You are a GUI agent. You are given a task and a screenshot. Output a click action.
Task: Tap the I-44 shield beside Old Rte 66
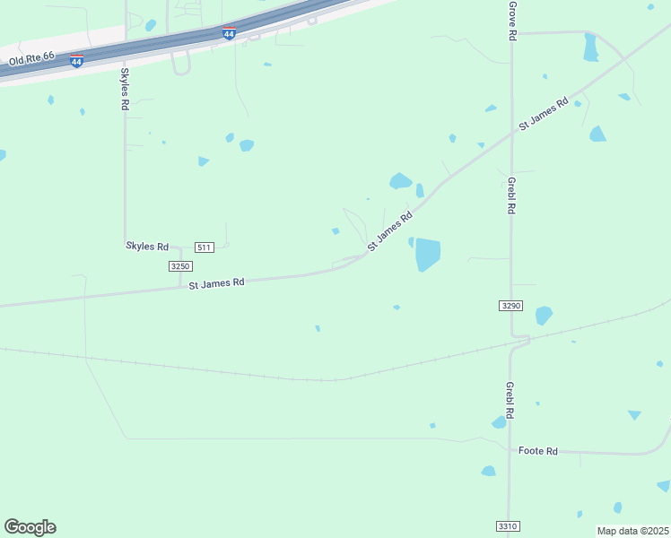(77, 61)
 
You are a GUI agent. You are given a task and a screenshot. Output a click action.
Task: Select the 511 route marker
(205, 247)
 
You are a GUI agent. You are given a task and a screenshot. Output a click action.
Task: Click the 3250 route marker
(179, 266)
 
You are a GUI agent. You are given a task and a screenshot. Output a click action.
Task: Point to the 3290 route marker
(510, 306)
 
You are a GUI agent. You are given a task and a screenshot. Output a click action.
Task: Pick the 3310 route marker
(507, 526)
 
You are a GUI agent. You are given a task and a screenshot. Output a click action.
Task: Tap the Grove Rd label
(512, 21)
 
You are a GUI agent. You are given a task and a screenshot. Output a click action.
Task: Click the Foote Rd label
(538, 451)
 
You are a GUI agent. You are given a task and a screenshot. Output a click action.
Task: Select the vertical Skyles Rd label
(125, 89)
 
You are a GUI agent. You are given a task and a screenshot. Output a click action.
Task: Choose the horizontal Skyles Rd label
(147, 246)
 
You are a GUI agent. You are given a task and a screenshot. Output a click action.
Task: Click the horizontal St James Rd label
(216, 282)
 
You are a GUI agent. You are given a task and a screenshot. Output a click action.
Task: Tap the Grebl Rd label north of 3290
(510, 194)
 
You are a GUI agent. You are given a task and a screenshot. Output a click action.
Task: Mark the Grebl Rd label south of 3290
(509, 401)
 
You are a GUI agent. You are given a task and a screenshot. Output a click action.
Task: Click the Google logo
(30, 527)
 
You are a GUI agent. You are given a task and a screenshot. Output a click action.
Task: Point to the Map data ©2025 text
(632, 531)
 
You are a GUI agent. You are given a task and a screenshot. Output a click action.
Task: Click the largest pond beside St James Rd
(428, 255)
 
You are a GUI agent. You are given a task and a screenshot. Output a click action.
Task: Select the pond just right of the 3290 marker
(544, 316)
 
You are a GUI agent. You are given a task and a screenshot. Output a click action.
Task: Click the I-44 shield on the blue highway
(229, 34)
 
